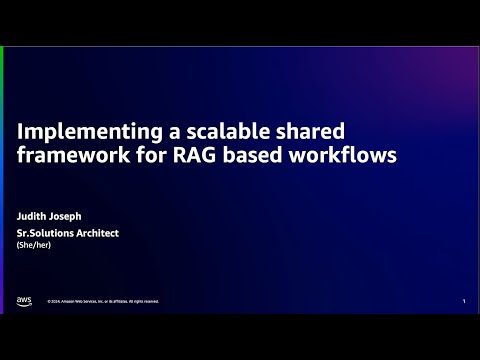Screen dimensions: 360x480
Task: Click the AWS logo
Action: [24, 300]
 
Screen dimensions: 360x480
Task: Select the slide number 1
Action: [464, 301]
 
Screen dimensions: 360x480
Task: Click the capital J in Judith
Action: [20, 214]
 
